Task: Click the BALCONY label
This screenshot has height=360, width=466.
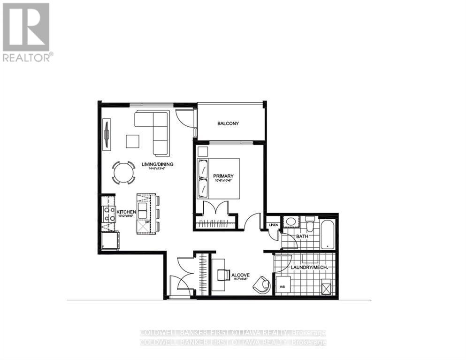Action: pos(228,124)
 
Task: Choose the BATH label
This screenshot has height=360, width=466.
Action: pos(302,236)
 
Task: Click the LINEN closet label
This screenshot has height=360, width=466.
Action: pos(274,225)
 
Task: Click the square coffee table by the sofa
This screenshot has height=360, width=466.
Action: pos(132,141)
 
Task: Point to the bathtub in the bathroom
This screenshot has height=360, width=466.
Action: pos(327,233)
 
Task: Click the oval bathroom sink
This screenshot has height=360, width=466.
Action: pos(291,222)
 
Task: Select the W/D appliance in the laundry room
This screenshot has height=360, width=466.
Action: pos(283,285)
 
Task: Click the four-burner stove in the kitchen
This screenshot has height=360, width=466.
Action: pos(109,214)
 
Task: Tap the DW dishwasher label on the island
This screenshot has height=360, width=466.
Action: pos(147,222)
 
